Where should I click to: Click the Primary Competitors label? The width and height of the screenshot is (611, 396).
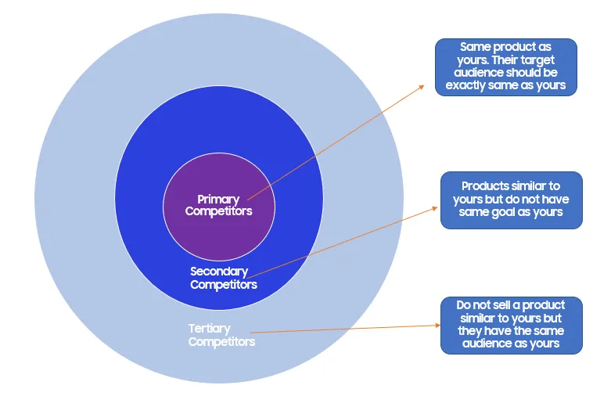coord(218,205)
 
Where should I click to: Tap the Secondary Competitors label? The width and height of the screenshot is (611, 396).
coord(223,278)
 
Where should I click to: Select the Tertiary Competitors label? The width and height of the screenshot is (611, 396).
coord(221,335)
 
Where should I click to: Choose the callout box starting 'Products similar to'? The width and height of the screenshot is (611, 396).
coord(511,200)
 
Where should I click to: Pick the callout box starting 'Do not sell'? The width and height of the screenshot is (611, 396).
coord(510,324)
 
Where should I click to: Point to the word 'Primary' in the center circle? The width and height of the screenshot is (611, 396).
coord(218,200)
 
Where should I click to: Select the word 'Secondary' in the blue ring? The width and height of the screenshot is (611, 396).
coord(219,272)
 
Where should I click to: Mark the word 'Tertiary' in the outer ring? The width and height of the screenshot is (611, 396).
coord(209,329)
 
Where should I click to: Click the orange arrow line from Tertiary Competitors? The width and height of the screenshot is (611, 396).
coord(344,329)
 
